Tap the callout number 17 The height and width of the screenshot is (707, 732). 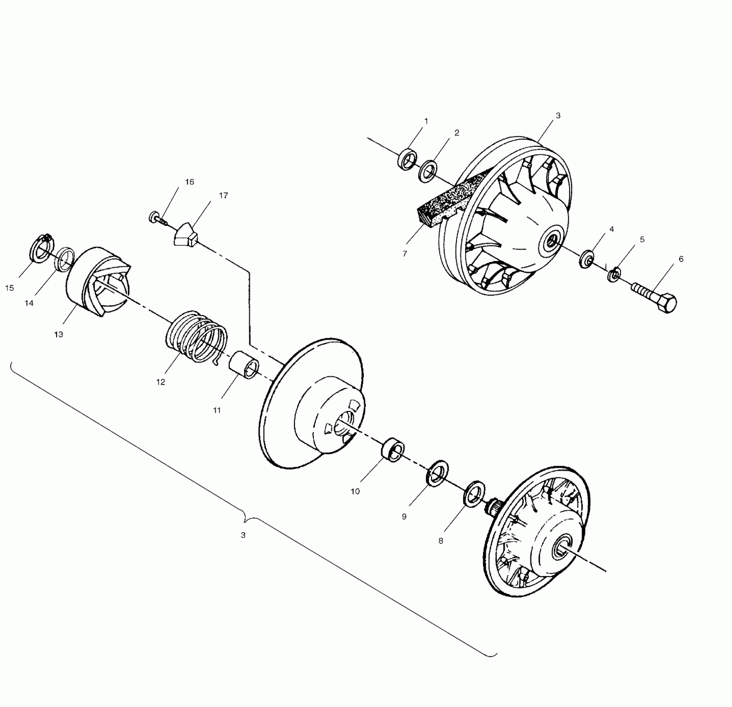pos(224,195)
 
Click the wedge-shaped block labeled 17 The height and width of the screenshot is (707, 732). pos(185,235)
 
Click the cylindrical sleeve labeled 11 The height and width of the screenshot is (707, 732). pos(244,364)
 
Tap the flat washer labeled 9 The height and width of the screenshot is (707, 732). pos(438,472)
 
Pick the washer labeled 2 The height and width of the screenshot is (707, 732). pos(428,171)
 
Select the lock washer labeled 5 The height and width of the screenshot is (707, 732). pos(614,274)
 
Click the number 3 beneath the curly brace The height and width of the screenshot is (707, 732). pos(243,535)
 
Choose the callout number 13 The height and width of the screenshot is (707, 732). pos(59,334)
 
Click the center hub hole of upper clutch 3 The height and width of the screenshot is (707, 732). pos(552,240)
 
